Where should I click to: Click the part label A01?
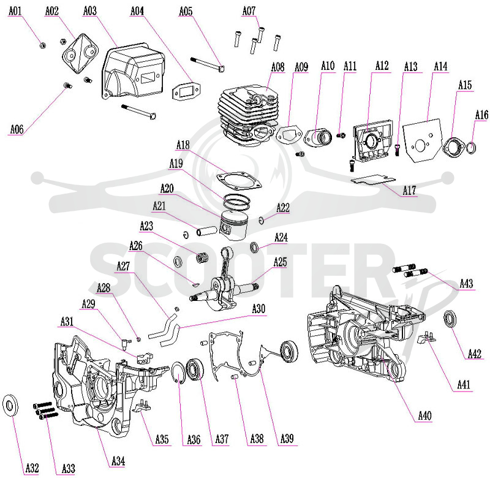[15, 11]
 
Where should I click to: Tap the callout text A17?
[409, 190]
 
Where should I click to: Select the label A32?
[32, 468]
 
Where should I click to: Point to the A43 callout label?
[466, 284]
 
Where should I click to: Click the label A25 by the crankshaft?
[280, 262]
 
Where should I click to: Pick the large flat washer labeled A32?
[10, 406]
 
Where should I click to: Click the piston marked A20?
[233, 225]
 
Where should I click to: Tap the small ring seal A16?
[471, 148]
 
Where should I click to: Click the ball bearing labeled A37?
[195, 371]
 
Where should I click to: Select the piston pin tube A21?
[206, 231]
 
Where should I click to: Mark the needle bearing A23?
[202, 259]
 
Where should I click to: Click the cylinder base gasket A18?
[239, 181]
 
